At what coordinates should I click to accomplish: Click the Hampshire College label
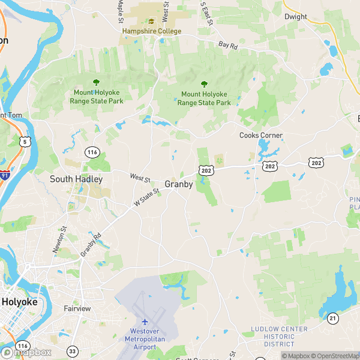[x=151, y=31]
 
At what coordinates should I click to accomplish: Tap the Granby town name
[x=179, y=184]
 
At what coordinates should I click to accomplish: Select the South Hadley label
[x=76, y=179]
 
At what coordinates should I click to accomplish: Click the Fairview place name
[x=77, y=308]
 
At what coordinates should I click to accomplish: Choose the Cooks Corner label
[x=261, y=136]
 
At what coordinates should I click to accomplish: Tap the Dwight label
[x=295, y=17]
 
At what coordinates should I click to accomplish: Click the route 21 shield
[x=332, y=317]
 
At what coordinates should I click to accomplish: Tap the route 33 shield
[x=73, y=351]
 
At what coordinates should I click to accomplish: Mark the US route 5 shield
[x=25, y=142]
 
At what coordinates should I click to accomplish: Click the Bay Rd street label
[x=229, y=45]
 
